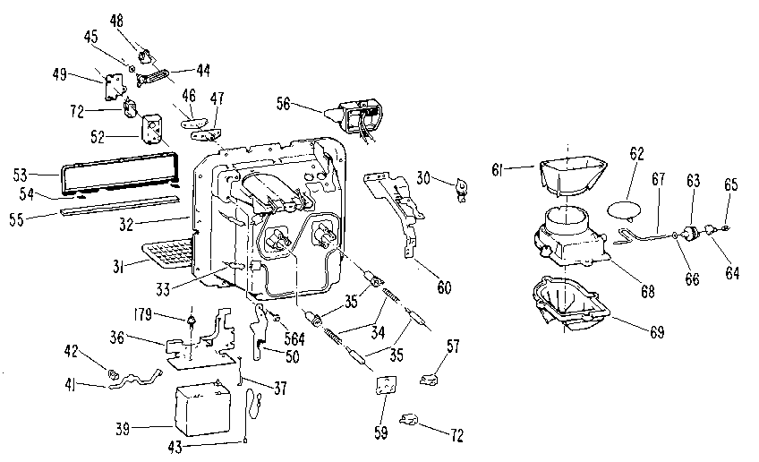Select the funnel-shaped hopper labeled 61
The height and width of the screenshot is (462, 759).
point(569,175)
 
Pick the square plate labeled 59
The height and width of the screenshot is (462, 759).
point(385,386)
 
